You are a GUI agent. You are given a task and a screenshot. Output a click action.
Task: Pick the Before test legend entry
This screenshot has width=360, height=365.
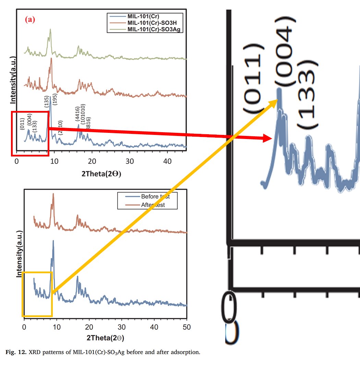pos(155,197)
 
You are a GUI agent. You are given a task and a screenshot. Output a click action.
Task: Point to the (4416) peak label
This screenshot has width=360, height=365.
pos(78,113)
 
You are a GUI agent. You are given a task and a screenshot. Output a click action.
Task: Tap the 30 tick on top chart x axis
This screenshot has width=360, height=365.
pos(130,161)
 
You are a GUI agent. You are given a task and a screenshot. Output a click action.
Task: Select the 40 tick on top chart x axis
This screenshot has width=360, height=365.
pos(167,161)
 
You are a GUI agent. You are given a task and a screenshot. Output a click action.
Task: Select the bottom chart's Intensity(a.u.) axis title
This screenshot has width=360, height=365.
pos(20,254)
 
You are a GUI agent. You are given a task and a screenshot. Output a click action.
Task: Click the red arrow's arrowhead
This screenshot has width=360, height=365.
pos(269,138)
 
